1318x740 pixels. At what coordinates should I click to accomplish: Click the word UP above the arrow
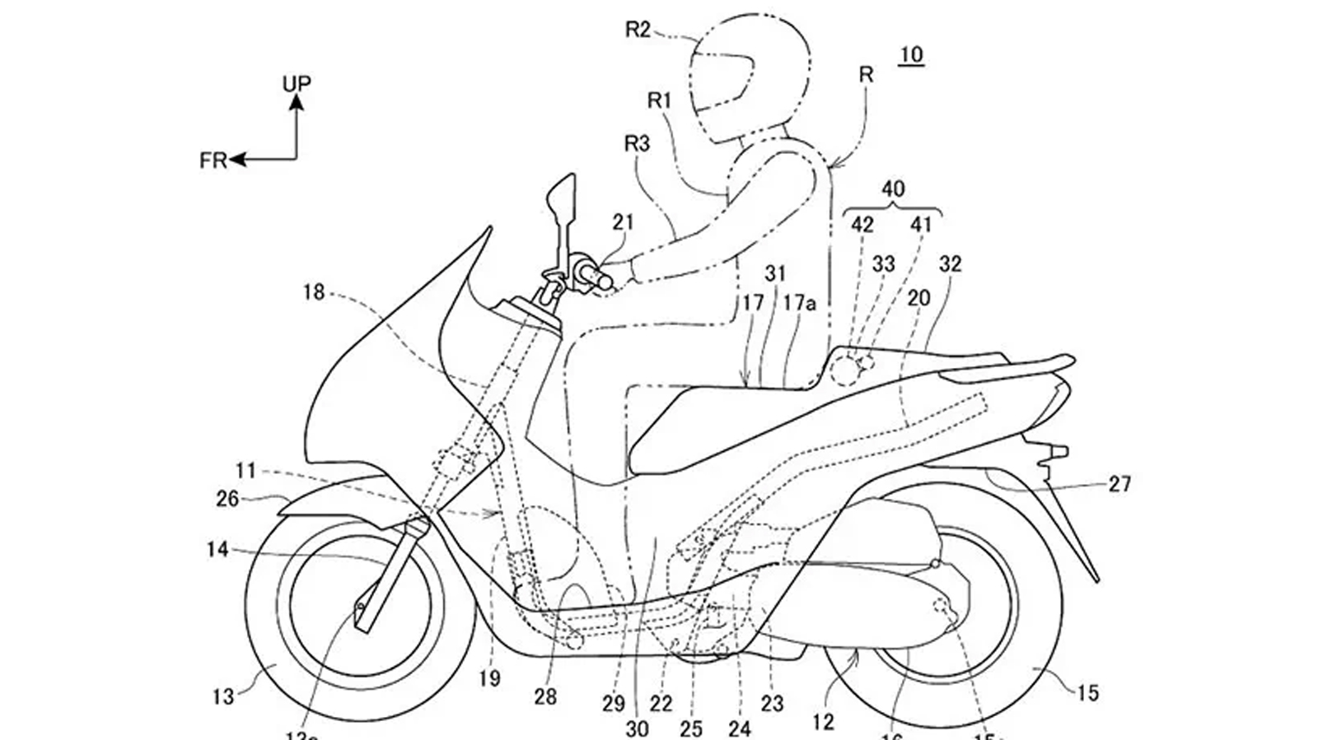pyautogui.click(x=297, y=84)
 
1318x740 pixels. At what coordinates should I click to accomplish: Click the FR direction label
pyautogui.click(x=213, y=161)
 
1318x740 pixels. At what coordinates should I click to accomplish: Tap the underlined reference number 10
pyautogui.click(x=911, y=55)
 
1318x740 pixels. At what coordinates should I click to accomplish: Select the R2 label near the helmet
pyautogui.click(x=638, y=30)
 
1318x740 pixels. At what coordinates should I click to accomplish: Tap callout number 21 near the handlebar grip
pyautogui.click(x=624, y=221)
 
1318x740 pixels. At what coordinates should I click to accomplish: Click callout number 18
pyautogui.click(x=314, y=291)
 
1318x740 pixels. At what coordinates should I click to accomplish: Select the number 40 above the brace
pyautogui.click(x=893, y=189)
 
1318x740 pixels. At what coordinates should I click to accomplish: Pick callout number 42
pyautogui.click(x=862, y=224)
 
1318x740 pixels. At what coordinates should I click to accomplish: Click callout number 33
pyautogui.click(x=884, y=263)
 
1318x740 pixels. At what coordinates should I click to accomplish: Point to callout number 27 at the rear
pyautogui.click(x=1119, y=484)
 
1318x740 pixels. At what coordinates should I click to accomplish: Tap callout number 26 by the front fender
pyautogui.click(x=227, y=499)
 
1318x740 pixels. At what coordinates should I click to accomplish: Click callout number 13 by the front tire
pyautogui.click(x=223, y=696)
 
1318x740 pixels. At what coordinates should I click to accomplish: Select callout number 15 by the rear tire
pyautogui.click(x=1087, y=693)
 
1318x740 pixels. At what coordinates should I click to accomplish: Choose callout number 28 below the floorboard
pyautogui.click(x=545, y=696)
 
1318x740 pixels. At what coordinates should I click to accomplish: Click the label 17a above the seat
pyautogui.click(x=799, y=303)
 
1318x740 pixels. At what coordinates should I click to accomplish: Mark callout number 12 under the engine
pyautogui.click(x=823, y=722)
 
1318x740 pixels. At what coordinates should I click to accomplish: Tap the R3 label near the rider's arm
pyautogui.click(x=637, y=144)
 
